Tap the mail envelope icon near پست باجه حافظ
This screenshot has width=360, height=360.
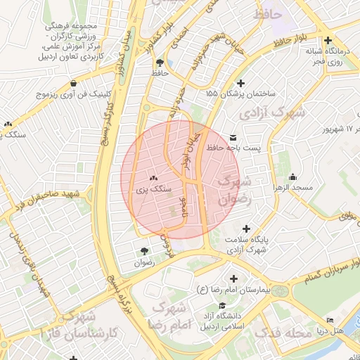coord(233,136)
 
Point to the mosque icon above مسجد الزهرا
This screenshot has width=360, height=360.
coord(292,176)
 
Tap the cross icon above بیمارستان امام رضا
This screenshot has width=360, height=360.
coord(233,278)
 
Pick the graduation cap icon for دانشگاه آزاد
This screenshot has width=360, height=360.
coord(223,306)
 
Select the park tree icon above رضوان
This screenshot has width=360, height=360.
coord(143,250)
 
